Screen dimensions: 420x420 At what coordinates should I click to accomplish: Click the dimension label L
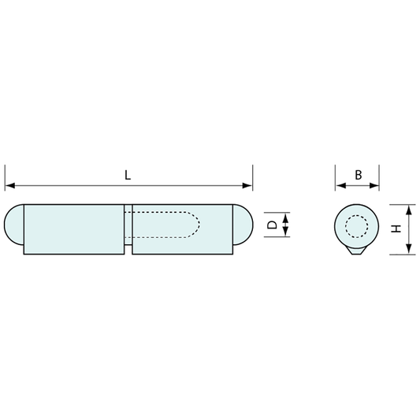pos(128,175)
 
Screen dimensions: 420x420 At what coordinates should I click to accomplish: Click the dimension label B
pos(358,175)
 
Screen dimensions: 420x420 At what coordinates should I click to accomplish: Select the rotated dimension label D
pos(273,225)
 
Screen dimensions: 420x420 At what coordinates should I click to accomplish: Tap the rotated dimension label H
pos(396,229)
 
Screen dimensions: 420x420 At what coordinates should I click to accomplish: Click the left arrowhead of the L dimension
pos(10,185)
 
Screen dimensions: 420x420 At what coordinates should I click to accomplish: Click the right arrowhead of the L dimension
pos(247,185)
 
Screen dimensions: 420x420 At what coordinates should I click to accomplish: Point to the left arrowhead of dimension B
pos(340,185)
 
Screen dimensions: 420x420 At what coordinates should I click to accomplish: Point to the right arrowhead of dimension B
pos(374,185)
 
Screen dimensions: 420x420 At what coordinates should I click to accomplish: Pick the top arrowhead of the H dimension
pos(408,210)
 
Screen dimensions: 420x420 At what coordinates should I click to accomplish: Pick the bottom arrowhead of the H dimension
pos(408,249)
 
